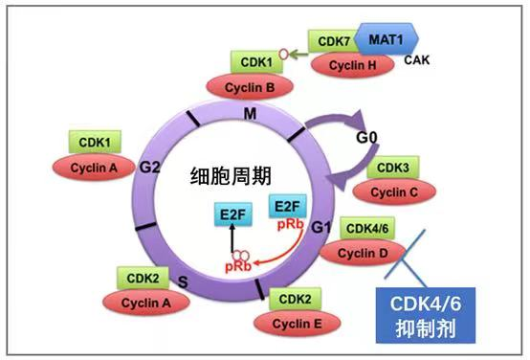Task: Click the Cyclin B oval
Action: (x=256, y=86)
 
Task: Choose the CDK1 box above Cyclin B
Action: (x=256, y=62)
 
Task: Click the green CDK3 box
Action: (x=390, y=168)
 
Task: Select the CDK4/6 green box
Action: (x=367, y=229)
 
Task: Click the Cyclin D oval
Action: (x=367, y=252)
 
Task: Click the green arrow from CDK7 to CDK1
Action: (x=293, y=56)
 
